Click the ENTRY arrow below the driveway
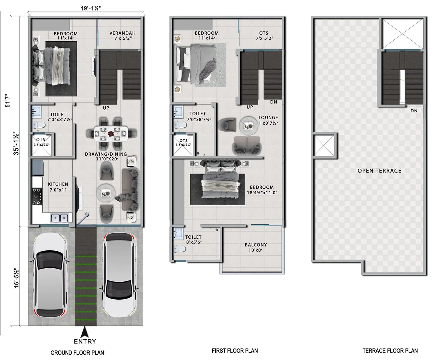tap(85, 332)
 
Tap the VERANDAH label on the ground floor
tap(122, 33)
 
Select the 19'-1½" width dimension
tap(91, 8)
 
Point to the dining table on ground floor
tap(111, 134)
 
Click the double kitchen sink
tap(60, 218)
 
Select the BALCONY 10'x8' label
tap(256, 247)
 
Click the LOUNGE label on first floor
tap(268, 118)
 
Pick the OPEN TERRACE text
tap(379, 171)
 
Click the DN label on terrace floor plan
tap(414, 111)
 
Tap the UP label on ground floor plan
tap(106, 108)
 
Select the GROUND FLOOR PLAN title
tap(77, 353)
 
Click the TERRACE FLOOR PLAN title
tap(390, 351)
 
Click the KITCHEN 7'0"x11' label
tap(58, 187)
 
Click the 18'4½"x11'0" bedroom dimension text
tap(262, 193)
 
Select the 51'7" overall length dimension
tap(7, 100)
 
